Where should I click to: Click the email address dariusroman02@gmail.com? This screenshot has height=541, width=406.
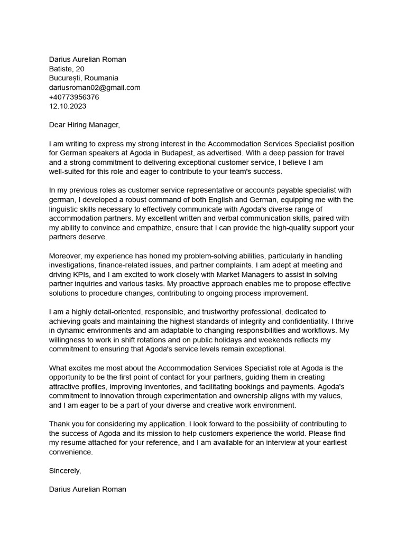coord(95,88)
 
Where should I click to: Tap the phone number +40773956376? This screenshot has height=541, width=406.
coord(74,97)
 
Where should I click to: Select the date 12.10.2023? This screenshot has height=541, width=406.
coord(68,106)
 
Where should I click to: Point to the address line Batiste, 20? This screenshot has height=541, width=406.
coord(67,69)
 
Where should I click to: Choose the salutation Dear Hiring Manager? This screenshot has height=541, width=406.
coord(85,125)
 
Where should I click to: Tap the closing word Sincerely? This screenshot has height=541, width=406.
coord(64,470)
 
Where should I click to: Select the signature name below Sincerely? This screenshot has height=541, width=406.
coord(88,489)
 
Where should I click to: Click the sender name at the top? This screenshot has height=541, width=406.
coord(88,60)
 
